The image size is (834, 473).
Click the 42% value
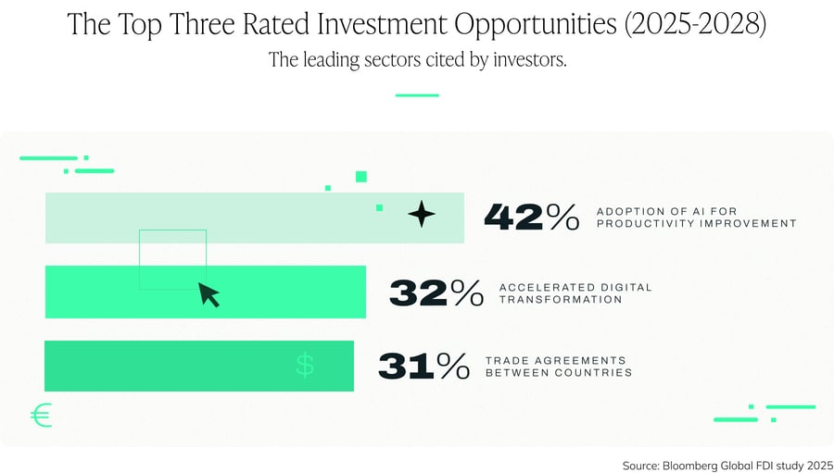(x=531, y=217)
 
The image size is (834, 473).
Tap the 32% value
(x=436, y=293)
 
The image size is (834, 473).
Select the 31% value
(x=423, y=366)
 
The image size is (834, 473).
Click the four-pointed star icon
(x=422, y=215)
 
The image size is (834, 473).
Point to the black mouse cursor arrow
(x=209, y=295)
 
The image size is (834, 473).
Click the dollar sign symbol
(x=305, y=365)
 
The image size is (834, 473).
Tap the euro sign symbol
(x=41, y=416)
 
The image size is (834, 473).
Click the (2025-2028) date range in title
(x=695, y=25)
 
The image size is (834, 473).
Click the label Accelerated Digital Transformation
(x=575, y=293)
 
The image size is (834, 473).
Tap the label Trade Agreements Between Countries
(x=559, y=367)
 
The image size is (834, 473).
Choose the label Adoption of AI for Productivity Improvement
(x=696, y=218)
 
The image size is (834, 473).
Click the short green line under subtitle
(x=417, y=94)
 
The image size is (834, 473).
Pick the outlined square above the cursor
(x=172, y=259)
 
